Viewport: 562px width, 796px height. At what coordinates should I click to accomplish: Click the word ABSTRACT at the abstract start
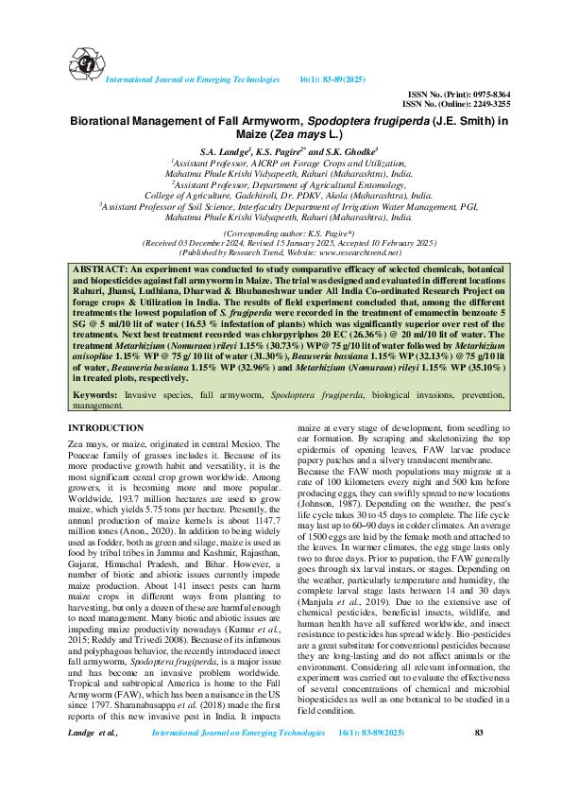pyautogui.click(x=98, y=270)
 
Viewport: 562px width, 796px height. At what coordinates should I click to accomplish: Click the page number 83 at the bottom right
pyautogui.click(x=479, y=758)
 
